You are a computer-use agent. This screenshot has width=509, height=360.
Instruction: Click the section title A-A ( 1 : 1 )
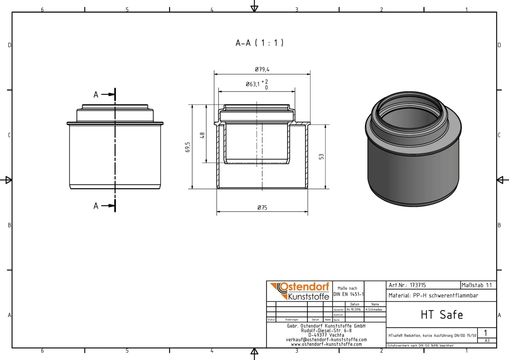click(260, 43)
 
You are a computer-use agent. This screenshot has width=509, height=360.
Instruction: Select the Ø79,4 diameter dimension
click(262, 70)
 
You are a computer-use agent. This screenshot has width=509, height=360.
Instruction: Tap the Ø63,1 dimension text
click(253, 84)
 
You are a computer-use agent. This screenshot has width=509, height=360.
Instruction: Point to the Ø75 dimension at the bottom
click(262, 208)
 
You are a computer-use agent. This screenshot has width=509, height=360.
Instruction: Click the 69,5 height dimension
click(188, 147)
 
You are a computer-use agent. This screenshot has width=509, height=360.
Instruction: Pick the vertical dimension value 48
click(202, 135)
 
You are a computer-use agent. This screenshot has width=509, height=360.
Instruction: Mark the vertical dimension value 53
click(321, 157)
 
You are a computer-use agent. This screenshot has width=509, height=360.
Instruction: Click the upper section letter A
click(96, 95)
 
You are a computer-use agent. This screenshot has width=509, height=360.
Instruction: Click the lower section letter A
click(96, 206)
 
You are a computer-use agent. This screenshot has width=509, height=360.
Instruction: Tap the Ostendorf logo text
click(304, 287)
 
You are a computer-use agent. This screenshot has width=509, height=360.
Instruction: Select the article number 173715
click(418, 285)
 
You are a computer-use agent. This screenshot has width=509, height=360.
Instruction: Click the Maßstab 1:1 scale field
click(476, 285)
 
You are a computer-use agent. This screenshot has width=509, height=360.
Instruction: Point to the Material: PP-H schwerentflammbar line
click(433, 295)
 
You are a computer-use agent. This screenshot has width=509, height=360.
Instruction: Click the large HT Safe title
click(441, 315)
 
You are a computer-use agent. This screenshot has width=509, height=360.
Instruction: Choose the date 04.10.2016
click(354, 310)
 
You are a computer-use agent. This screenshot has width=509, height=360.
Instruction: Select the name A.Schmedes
click(374, 310)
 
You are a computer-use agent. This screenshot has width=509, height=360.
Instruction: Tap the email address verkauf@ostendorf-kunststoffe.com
click(326, 340)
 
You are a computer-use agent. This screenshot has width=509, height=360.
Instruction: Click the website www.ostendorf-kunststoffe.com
click(326, 344)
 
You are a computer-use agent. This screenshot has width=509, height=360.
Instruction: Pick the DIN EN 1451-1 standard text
click(348, 294)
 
